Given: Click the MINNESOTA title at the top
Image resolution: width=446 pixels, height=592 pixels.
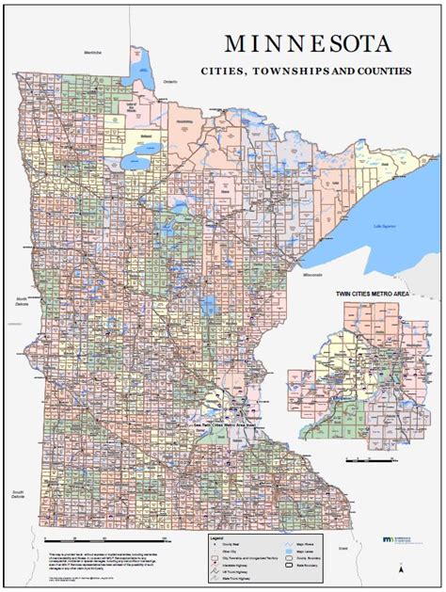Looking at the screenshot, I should click(311, 45).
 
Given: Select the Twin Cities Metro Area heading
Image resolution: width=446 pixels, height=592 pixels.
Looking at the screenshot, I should click(374, 295).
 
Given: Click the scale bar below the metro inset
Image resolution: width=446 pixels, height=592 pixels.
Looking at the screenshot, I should click(371, 460).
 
